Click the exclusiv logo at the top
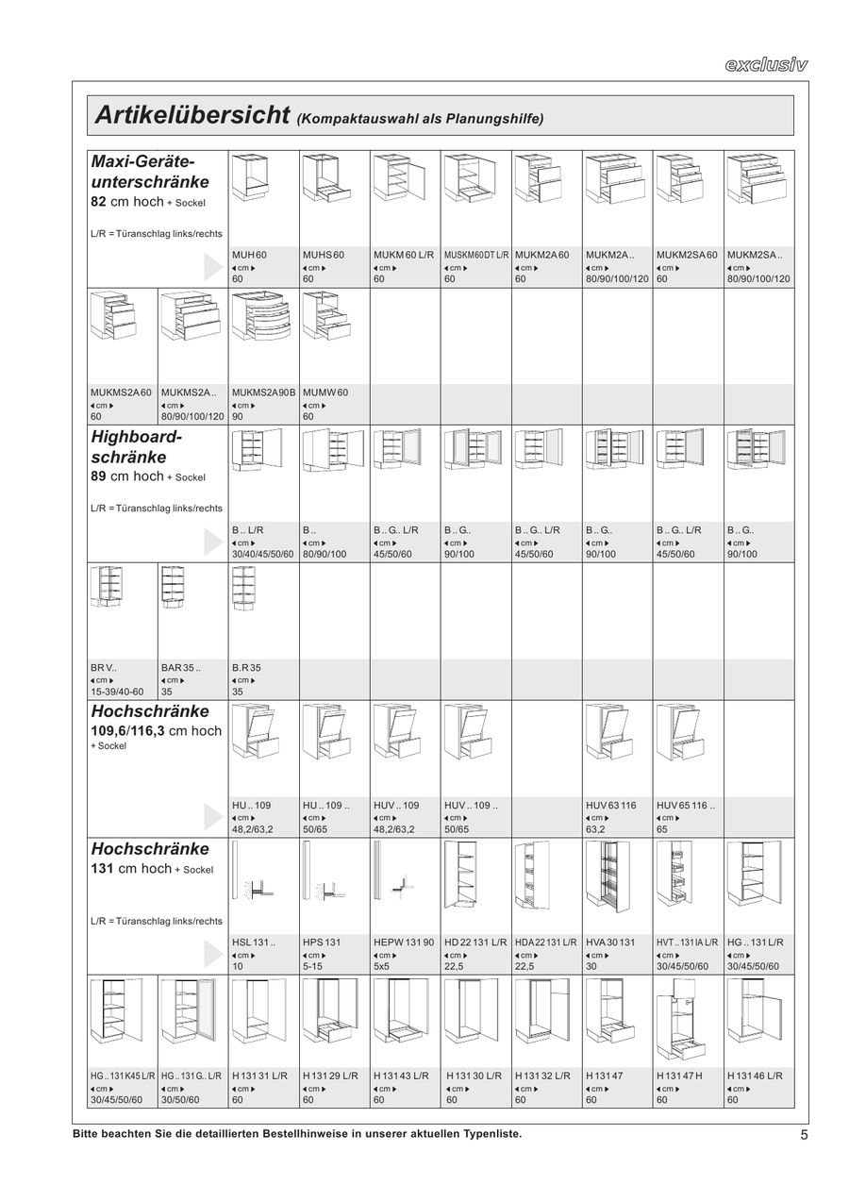(x=766, y=65)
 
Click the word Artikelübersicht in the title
(x=191, y=116)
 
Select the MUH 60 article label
(x=250, y=256)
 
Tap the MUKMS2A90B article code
(x=264, y=392)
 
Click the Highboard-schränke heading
(x=137, y=446)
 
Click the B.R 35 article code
(x=247, y=667)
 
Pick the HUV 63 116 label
(x=611, y=806)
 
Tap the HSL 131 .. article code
(x=254, y=942)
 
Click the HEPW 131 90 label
(x=404, y=942)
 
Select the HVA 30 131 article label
(x=611, y=942)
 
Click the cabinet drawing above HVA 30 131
(x=618, y=883)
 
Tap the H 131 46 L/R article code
(x=756, y=1076)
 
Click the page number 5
(x=804, y=1135)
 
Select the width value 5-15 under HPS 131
(x=313, y=966)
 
